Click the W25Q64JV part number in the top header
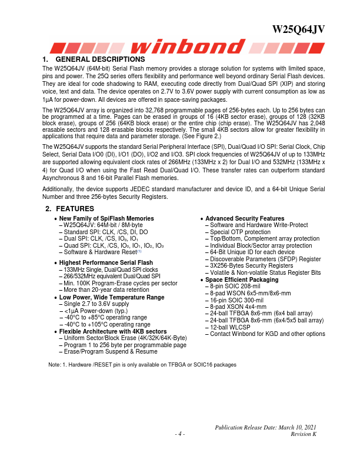(x=299, y=30)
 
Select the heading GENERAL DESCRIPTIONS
(x=99, y=59)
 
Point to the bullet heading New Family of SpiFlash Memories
(x=106, y=218)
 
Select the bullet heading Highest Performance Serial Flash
(x=106, y=262)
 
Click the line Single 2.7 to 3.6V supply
(x=95, y=304)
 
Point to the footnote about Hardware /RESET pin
(x=142, y=365)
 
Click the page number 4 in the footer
(x=180, y=434)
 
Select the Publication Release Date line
(x=266, y=427)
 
